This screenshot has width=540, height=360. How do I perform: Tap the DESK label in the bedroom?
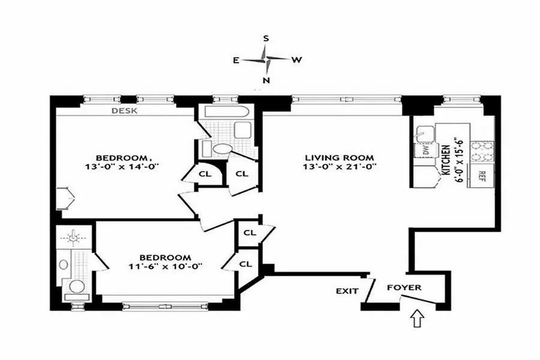[x=125, y=110]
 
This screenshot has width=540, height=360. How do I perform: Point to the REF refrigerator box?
[x=481, y=175]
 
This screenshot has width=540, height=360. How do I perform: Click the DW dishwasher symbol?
[x=425, y=150]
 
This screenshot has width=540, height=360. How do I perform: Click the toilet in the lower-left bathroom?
[x=77, y=285]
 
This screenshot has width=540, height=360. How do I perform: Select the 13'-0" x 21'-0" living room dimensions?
[x=340, y=167]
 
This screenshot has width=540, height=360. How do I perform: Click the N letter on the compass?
[x=266, y=80]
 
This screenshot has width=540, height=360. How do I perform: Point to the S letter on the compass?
[x=266, y=38]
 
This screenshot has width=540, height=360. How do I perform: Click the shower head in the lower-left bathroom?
[x=73, y=238]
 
